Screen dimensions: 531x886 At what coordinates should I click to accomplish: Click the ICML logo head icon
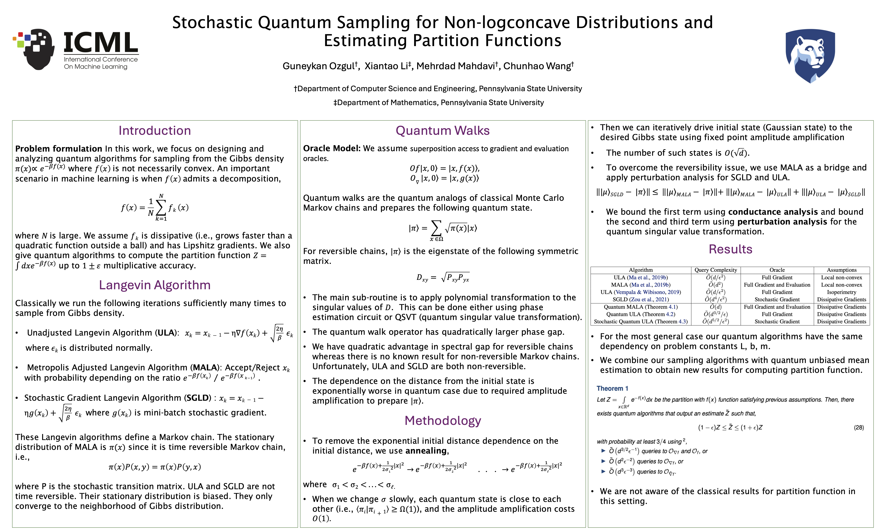[36, 48]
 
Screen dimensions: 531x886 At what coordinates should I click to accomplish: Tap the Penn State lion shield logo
[810, 56]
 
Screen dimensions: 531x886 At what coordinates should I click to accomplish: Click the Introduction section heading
[155, 131]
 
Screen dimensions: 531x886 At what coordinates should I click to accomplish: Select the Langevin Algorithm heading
[155, 285]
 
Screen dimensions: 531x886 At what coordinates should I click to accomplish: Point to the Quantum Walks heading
[442, 131]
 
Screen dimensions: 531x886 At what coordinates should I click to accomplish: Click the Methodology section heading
[443, 420]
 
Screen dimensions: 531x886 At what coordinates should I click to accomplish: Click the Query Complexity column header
[716, 270]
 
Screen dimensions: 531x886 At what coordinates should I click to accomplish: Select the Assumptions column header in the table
[841, 270]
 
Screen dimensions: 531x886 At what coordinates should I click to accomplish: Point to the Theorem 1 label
[612, 389]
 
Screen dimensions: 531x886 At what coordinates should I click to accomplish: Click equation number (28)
[859, 428]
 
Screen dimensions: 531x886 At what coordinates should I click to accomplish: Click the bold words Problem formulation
[59, 149]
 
